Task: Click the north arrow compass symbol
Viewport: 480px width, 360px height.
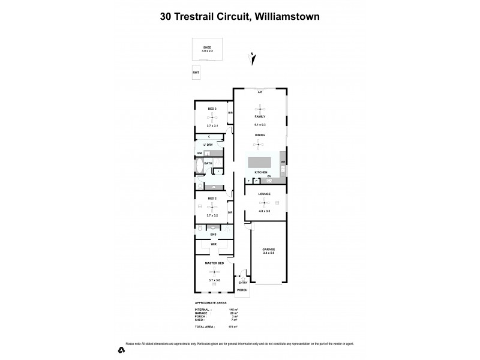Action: tap(253, 58)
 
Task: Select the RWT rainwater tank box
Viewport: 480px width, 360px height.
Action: tap(196, 73)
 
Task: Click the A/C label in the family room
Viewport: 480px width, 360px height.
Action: tap(260, 93)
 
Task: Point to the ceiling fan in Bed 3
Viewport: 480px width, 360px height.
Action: tap(211, 117)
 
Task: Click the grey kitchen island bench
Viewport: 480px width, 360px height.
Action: tap(260, 163)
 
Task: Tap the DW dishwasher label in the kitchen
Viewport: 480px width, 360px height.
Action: tap(282, 162)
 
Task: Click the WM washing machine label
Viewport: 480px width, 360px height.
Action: tap(199, 154)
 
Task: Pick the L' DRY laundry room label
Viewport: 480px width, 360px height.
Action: tap(209, 145)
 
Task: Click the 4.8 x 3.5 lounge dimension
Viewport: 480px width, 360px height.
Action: tap(265, 211)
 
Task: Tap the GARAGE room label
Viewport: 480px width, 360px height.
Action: tap(268, 248)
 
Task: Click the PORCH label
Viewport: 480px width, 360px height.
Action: tap(242, 290)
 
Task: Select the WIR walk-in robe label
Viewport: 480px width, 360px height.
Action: tap(213, 245)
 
